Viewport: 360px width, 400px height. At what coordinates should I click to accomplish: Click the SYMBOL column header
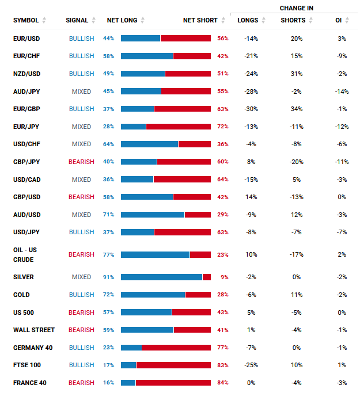click(x=26, y=20)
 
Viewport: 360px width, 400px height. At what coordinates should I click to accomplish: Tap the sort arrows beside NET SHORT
click(x=223, y=20)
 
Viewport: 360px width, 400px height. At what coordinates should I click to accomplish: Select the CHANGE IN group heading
click(x=297, y=8)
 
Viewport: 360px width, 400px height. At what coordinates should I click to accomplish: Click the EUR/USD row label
click(x=26, y=39)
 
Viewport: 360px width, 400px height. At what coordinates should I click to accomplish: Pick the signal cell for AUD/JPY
click(x=81, y=92)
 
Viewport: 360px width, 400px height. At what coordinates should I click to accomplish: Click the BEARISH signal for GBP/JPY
click(x=81, y=162)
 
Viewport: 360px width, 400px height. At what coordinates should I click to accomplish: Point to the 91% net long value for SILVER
click(x=108, y=277)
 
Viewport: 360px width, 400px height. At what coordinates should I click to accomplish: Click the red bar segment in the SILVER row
click(x=207, y=277)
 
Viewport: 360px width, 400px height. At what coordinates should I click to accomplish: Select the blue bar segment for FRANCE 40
click(x=128, y=383)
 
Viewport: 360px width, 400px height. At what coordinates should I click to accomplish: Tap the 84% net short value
click(x=223, y=383)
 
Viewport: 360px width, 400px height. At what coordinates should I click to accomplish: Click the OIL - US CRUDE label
click(x=25, y=254)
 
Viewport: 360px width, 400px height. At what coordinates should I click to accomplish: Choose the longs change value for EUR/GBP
click(x=251, y=109)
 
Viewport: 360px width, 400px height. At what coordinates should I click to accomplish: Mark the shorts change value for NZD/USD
click(x=297, y=74)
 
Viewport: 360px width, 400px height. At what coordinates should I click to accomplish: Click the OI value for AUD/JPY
click(x=342, y=92)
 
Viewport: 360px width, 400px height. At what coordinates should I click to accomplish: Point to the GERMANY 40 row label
click(x=33, y=348)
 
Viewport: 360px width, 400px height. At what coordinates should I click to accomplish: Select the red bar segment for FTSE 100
click(x=173, y=365)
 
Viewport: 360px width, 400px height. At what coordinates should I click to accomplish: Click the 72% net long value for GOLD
click(x=108, y=295)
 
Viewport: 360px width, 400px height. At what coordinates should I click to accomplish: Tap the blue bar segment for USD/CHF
click(x=149, y=144)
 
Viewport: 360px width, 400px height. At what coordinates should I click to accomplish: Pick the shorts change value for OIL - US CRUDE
click(x=297, y=254)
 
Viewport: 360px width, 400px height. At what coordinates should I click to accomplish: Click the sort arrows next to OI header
click(x=347, y=20)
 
